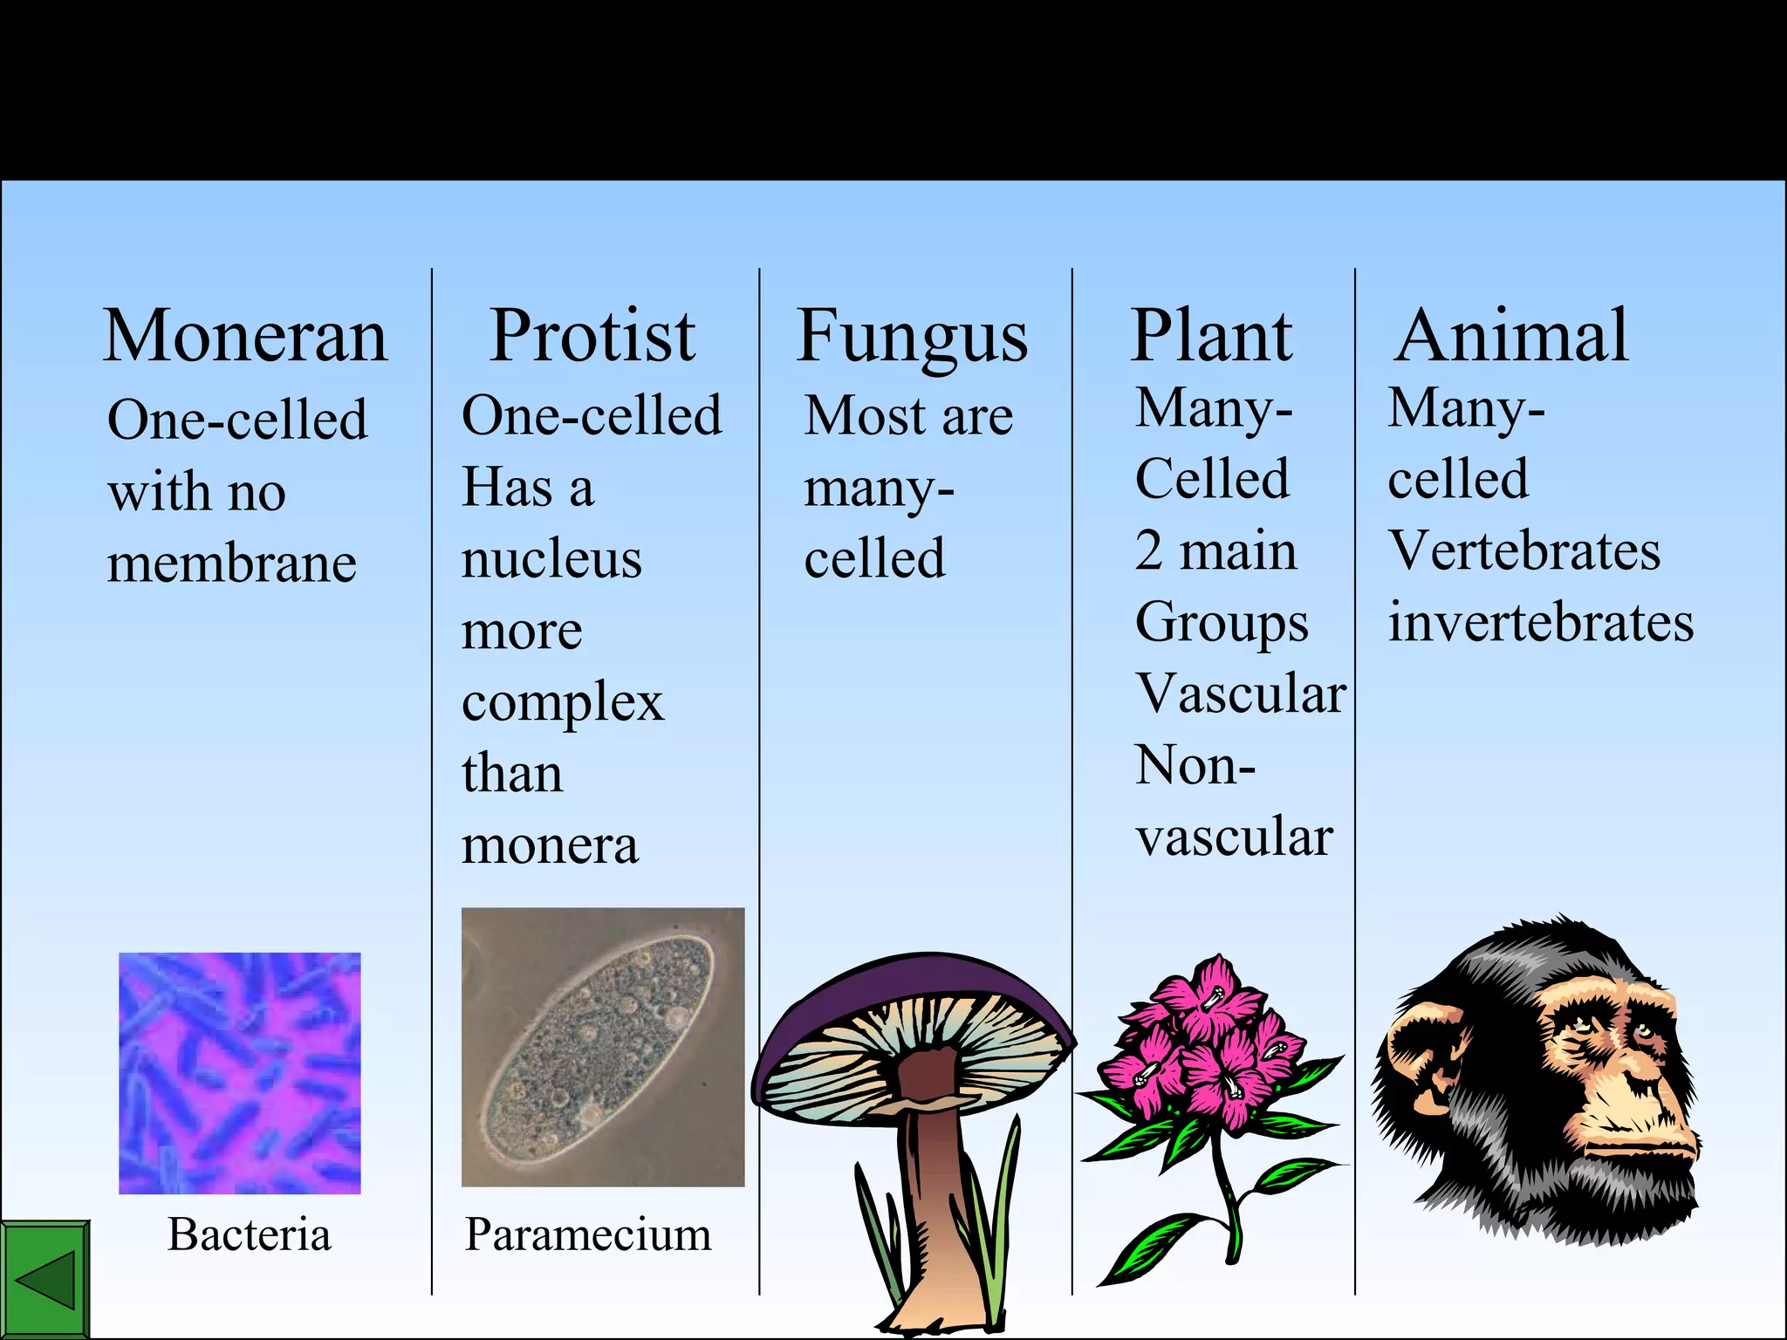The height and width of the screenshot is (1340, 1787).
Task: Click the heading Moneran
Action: [245, 337]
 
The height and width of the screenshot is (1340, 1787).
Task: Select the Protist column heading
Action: [592, 337]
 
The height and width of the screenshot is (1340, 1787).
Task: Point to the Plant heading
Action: [1211, 337]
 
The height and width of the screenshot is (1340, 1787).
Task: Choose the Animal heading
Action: [1511, 337]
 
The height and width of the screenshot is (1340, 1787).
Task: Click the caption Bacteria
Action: [250, 1234]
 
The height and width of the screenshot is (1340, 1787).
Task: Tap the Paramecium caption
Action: [587, 1235]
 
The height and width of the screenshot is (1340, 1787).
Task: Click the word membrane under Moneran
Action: [232, 564]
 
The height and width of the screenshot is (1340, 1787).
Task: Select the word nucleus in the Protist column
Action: [551, 559]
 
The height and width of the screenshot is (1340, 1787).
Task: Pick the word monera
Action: [550, 845]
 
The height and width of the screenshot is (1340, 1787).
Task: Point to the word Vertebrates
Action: [1523, 551]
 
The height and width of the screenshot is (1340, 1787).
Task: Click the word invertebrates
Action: [1541, 623]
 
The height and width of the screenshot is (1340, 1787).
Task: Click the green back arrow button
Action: [45, 1280]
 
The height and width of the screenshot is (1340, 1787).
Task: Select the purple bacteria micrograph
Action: [240, 1073]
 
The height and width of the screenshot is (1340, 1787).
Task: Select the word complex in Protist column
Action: [563, 703]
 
